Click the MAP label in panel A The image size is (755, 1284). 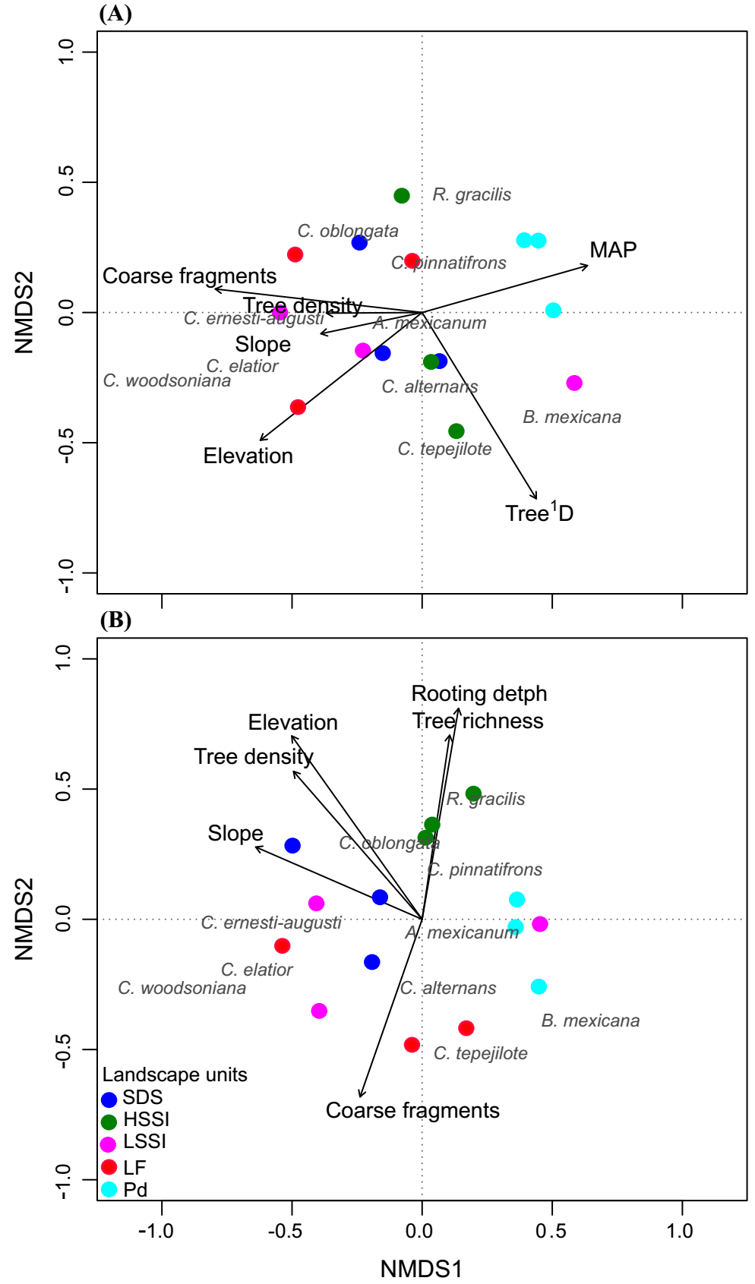tap(613, 250)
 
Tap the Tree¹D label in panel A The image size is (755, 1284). tap(539, 513)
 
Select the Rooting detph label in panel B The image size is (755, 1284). tap(479, 693)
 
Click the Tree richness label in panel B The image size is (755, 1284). tap(478, 721)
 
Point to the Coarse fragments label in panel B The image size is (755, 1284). tap(412, 1110)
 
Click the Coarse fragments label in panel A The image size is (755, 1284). tap(190, 276)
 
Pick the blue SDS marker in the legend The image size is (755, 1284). tap(109, 1099)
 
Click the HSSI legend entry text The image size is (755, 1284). tap(147, 1119)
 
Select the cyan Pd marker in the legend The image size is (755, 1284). tap(109, 1189)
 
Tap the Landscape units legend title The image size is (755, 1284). tap(175, 1074)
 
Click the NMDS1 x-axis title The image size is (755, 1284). tap(422, 1268)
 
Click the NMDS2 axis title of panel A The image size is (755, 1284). tap(24, 312)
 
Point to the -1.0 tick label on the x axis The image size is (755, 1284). tap(156, 1231)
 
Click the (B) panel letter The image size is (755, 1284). tap(115, 620)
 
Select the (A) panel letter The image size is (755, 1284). tap(115, 14)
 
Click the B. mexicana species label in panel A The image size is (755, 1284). tap(572, 417)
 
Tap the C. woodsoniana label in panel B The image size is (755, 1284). tap(182, 988)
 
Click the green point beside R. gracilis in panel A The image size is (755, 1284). tap(402, 196)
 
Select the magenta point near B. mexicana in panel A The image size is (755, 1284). tap(574, 383)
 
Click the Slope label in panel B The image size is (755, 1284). tap(235, 833)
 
